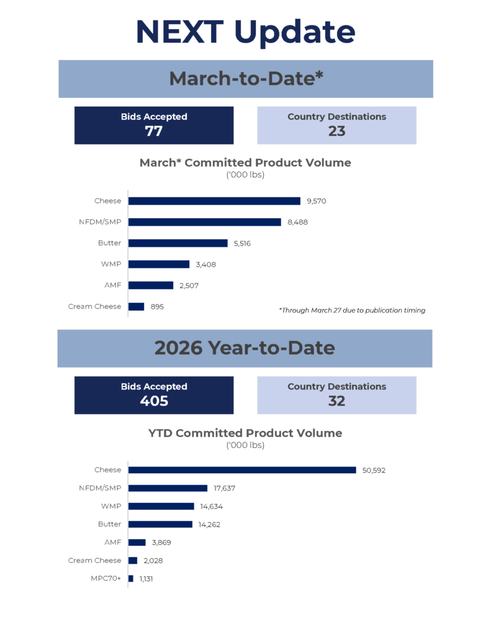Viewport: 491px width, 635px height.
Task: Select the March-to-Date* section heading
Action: pyautogui.click(x=246, y=79)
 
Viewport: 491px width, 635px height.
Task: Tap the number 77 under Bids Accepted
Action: pyautogui.click(x=153, y=131)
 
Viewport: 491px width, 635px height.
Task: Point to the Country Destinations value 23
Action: pyautogui.click(x=336, y=131)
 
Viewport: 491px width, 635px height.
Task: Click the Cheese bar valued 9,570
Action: pyautogui.click(x=214, y=201)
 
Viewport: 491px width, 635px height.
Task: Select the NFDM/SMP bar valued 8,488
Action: pyautogui.click(x=205, y=222)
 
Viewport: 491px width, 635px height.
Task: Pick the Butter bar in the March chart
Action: pyautogui.click(x=178, y=243)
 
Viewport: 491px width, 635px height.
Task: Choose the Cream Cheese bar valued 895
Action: pyautogui.click(x=137, y=306)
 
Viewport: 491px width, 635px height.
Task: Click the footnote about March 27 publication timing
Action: pyautogui.click(x=352, y=310)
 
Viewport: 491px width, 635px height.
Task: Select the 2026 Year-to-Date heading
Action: pyautogui.click(x=245, y=348)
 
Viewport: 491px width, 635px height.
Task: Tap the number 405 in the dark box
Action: pyautogui.click(x=153, y=401)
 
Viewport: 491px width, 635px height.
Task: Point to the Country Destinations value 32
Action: pyautogui.click(x=336, y=401)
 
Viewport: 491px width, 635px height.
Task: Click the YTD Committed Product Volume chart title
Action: pyautogui.click(x=245, y=433)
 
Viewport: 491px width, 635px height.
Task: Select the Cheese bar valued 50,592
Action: pyautogui.click(x=242, y=470)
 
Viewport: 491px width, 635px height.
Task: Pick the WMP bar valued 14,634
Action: pyautogui.click(x=161, y=506)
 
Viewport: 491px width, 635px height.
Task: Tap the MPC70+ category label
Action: pyautogui.click(x=107, y=579)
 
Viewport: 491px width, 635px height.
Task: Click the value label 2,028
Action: pyautogui.click(x=153, y=561)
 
